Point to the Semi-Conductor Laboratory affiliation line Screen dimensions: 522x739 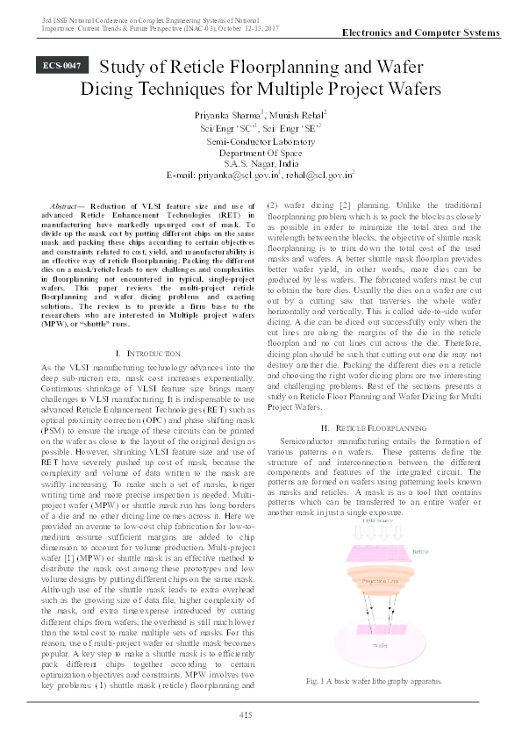point(261,140)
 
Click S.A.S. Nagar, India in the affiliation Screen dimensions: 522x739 point(261,162)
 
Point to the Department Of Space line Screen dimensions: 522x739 point(261,151)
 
